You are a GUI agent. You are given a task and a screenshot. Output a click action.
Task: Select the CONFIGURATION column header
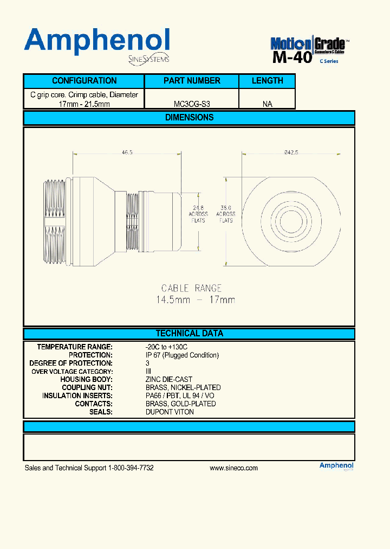coord(84,81)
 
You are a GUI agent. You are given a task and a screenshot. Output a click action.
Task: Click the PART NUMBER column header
coord(192,81)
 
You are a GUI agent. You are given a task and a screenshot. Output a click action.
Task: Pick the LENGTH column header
coord(267,81)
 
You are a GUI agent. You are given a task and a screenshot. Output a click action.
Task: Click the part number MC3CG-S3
coord(192,104)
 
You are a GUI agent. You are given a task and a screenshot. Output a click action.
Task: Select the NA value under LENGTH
coord(267,104)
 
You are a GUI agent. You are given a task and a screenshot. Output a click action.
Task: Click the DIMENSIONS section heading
coord(189,118)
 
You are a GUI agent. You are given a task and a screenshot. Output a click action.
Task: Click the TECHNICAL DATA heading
coord(189,334)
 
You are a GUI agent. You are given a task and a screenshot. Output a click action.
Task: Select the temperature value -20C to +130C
coord(166,347)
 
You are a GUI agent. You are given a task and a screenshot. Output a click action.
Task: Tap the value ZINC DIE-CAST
coord(168,379)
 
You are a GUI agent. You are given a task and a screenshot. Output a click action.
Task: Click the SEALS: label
coord(101,412)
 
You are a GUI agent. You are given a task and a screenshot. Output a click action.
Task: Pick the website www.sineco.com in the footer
coord(233,468)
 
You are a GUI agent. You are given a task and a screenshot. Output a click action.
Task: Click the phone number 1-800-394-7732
coord(131,468)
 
